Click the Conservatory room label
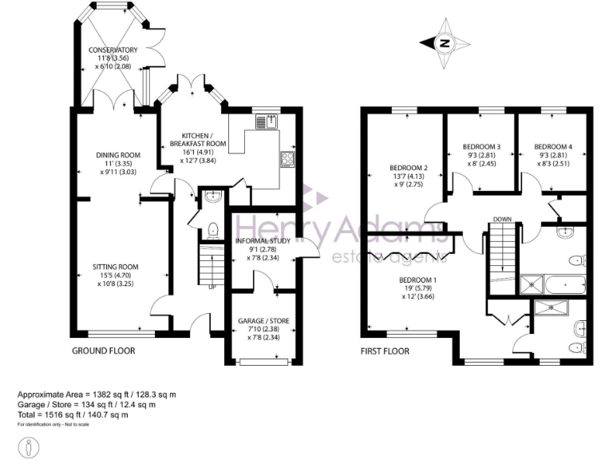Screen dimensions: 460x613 tap(113, 50)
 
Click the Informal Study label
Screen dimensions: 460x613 tap(267, 240)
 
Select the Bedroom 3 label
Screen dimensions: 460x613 tap(481, 147)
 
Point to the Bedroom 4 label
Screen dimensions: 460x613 tap(553, 147)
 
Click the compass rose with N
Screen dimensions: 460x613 tap(445, 43)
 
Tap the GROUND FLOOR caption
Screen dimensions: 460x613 tap(103, 351)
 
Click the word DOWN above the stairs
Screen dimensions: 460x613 tap(502, 219)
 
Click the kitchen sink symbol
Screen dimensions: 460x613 tap(265, 121)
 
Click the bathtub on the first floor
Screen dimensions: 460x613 tap(564, 283)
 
